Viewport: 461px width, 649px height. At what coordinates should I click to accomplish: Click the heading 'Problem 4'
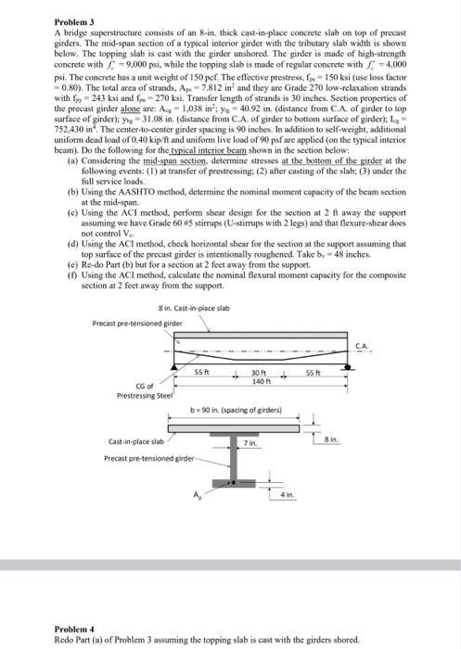coord(29,628)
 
